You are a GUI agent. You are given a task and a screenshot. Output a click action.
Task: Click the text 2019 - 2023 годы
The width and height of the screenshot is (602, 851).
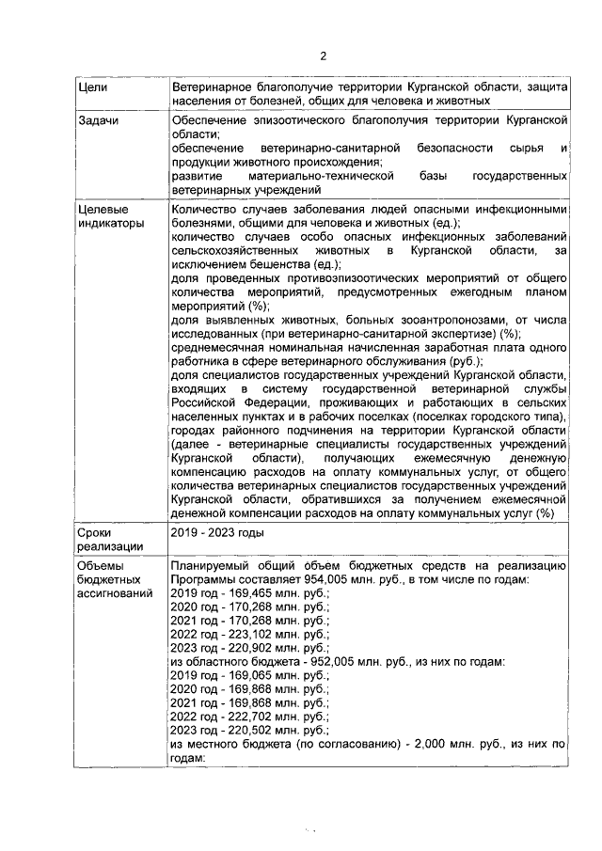coord(217,533)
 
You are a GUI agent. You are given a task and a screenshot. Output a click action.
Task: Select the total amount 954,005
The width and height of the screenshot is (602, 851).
coord(279,580)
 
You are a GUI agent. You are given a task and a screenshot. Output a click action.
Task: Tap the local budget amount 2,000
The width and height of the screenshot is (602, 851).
coord(416,743)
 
